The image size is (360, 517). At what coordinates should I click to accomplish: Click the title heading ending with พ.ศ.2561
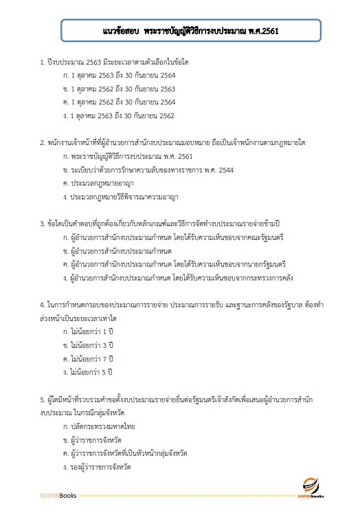click(180, 31)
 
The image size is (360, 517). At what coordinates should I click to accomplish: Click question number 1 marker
click(43, 63)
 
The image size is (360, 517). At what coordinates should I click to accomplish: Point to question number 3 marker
click(43, 224)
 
